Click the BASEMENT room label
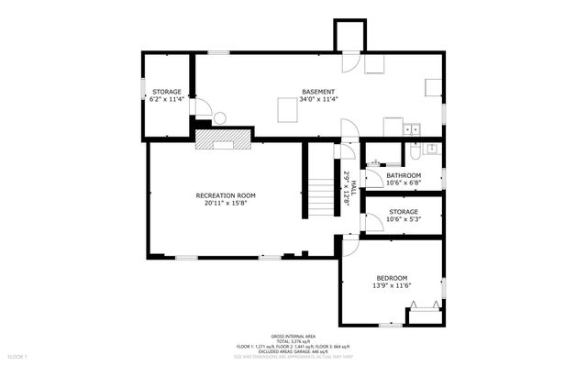click(x=318, y=91)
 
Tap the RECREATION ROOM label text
click(x=225, y=195)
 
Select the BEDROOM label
click(x=392, y=278)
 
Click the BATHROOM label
click(x=403, y=175)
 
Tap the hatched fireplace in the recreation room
click(x=223, y=138)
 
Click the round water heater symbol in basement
click(x=220, y=116)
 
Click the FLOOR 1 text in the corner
click(x=18, y=355)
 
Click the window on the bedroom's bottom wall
click(x=389, y=325)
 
